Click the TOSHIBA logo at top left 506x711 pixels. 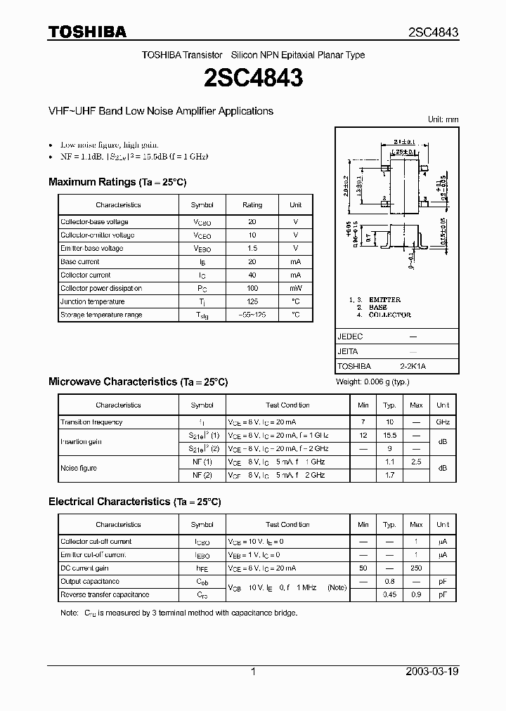(87, 32)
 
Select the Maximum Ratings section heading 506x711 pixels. (117, 182)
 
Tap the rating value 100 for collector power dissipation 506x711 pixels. (252, 288)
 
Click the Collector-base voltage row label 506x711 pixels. (94, 222)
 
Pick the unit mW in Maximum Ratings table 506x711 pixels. (295, 288)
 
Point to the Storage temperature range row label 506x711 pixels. (101, 315)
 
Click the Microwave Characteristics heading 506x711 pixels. (138, 382)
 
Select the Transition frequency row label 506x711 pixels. (91, 422)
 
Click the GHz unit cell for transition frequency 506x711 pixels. (443, 422)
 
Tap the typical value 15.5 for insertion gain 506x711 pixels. (389, 436)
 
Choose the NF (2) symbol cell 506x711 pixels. (202, 476)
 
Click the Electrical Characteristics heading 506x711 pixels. (134, 502)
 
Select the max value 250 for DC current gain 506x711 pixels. (416, 568)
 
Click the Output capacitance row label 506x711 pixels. (90, 582)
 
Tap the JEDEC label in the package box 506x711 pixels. (350, 337)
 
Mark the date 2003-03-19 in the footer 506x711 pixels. (432, 672)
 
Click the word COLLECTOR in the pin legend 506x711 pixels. (389, 315)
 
